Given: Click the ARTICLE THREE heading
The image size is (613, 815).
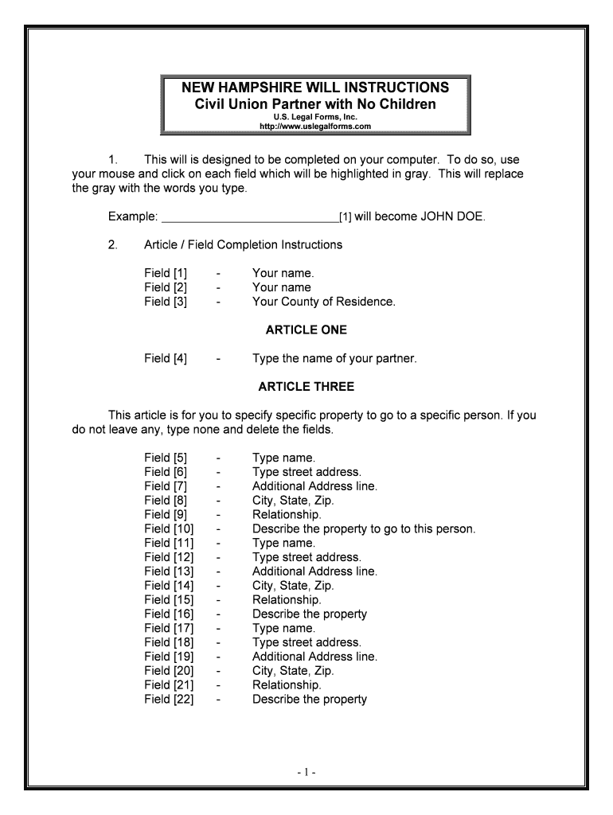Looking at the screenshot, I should [x=306, y=387].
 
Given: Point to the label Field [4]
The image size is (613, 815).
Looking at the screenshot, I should [x=166, y=358].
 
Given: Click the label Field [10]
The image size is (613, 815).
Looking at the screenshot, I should [x=169, y=528].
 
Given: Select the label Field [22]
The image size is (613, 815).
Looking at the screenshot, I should [x=169, y=700].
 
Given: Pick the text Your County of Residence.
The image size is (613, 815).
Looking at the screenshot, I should [x=323, y=302].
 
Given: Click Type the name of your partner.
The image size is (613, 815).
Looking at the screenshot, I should [x=334, y=358].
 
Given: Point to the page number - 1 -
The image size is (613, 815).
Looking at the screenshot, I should [x=306, y=772].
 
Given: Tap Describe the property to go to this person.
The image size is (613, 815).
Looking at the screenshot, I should [x=363, y=528].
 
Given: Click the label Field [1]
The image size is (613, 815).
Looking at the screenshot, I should [x=166, y=273].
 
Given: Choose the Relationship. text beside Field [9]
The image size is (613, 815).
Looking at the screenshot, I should [x=287, y=514].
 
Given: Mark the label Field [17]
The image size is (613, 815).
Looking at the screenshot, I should [x=169, y=628].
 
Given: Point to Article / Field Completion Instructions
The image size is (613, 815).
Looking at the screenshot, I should [x=243, y=244].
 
